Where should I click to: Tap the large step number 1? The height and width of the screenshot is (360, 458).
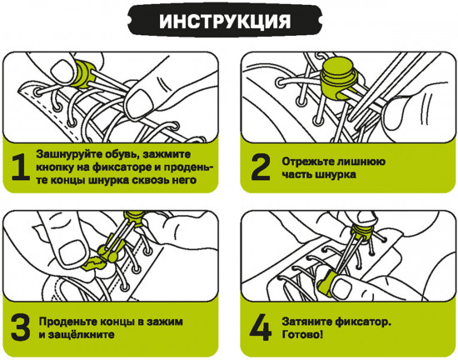point(18,167)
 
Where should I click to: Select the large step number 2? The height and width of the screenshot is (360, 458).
point(261,167)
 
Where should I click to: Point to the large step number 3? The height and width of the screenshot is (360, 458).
point(18,327)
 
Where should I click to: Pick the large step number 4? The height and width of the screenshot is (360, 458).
point(261,327)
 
